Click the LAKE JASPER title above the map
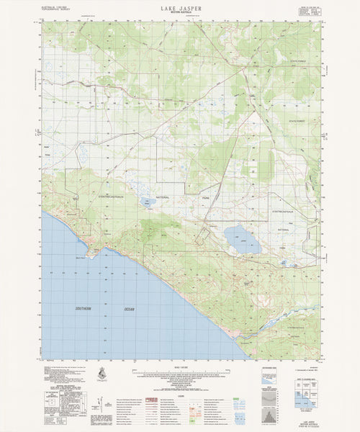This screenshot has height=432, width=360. [x=180, y=7]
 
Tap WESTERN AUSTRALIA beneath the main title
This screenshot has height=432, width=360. [x=180, y=13]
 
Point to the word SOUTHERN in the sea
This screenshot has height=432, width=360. [x=83, y=309]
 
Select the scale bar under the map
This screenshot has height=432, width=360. [x=180, y=372]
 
